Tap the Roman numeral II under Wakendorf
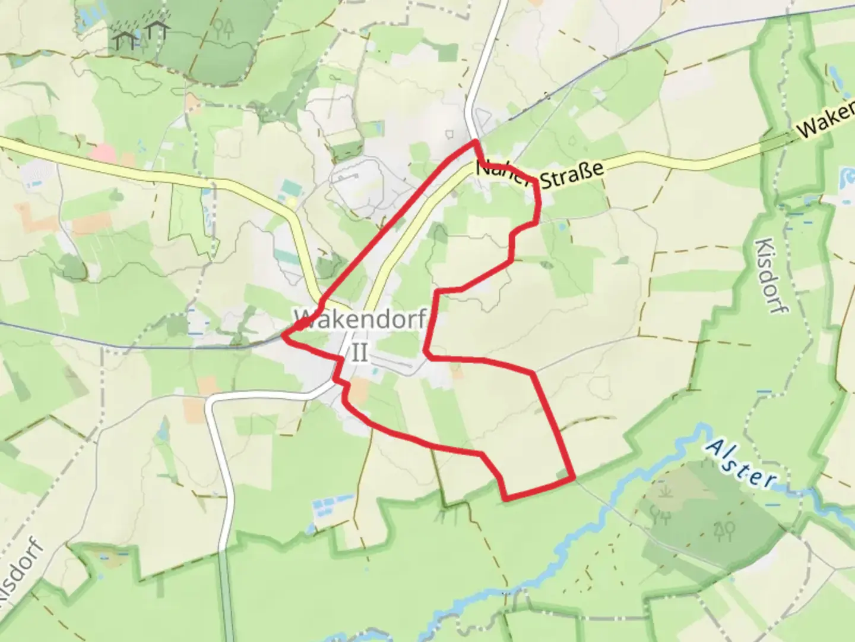click(360, 353)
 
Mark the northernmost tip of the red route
click(475, 141)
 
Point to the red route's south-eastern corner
click(573, 477)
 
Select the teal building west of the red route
click(290, 190)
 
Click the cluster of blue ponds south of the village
click(329, 505)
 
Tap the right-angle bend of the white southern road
click(211, 400)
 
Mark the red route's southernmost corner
click(505, 498)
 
